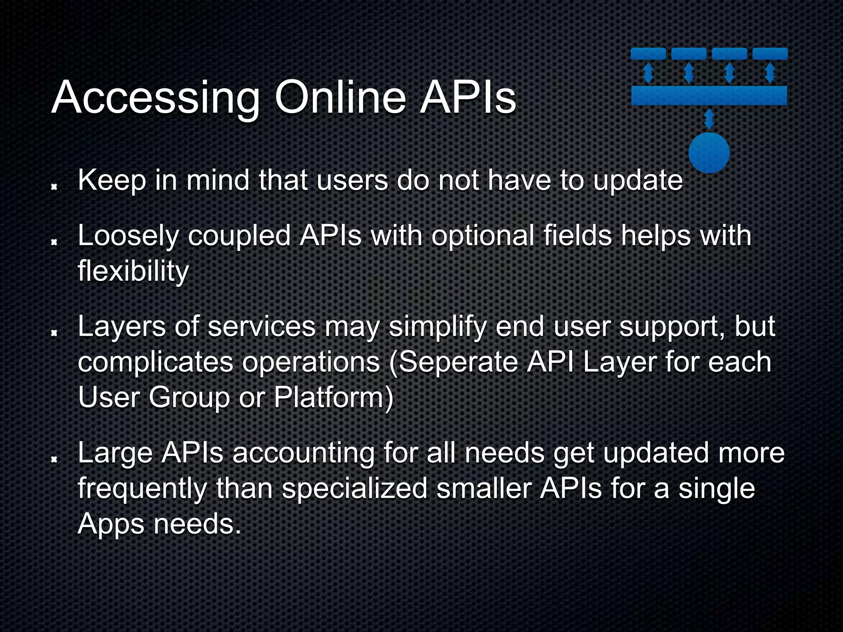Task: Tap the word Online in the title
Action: pyautogui.click(x=340, y=98)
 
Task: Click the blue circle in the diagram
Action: pyautogui.click(x=709, y=153)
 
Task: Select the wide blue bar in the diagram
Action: pyautogui.click(x=709, y=95)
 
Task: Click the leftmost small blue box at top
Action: pyautogui.click(x=648, y=53)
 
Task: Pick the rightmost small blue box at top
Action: pyautogui.click(x=770, y=53)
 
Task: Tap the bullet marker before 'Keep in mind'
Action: pyautogui.click(x=54, y=187)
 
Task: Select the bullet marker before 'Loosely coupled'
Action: pyautogui.click(x=54, y=243)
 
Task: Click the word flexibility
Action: pyautogui.click(x=133, y=272)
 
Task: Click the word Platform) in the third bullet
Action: pyautogui.click(x=333, y=398)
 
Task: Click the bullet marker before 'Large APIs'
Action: pyautogui.click(x=54, y=459)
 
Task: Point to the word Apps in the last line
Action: pyautogui.click(x=110, y=525)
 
